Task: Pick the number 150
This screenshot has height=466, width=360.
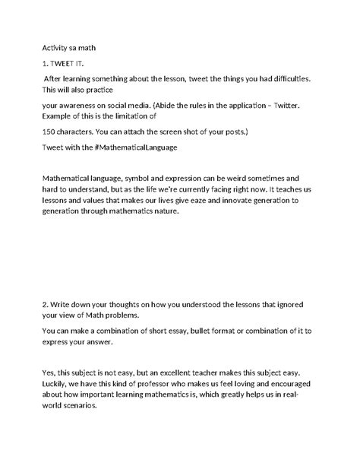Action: pos(49,131)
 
